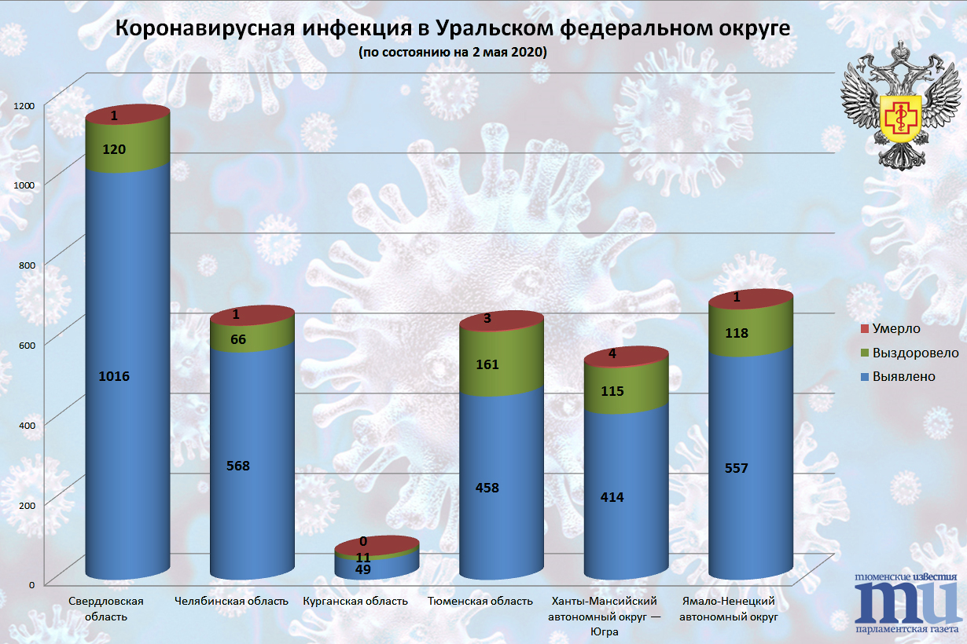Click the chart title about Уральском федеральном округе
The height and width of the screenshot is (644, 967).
coord(452,29)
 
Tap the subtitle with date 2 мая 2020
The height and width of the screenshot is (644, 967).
coord(452,53)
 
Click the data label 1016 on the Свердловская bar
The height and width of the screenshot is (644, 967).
coord(114,376)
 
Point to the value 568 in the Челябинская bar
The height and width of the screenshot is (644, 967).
coord(238,466)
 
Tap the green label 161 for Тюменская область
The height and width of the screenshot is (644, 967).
coord(487,364)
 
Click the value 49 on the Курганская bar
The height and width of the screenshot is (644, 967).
coord(363,569)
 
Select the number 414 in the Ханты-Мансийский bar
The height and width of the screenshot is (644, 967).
coord(612,497)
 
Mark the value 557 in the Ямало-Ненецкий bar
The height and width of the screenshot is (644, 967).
coord(737,468)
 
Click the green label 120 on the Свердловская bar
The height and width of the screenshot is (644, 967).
coord(114,149)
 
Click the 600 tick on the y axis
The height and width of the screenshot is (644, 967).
coord(27,344)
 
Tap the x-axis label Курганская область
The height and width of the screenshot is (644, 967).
coord(355,602)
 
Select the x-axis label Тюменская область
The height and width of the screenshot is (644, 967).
coord(480,602)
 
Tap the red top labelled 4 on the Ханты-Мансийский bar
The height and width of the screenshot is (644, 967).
coord(612,353)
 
